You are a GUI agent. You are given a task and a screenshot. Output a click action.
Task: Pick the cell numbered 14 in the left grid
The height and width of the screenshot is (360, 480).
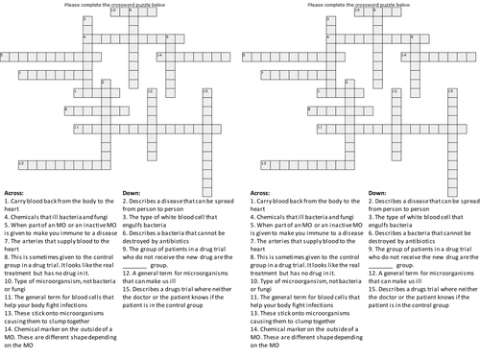tap(160, 57)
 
